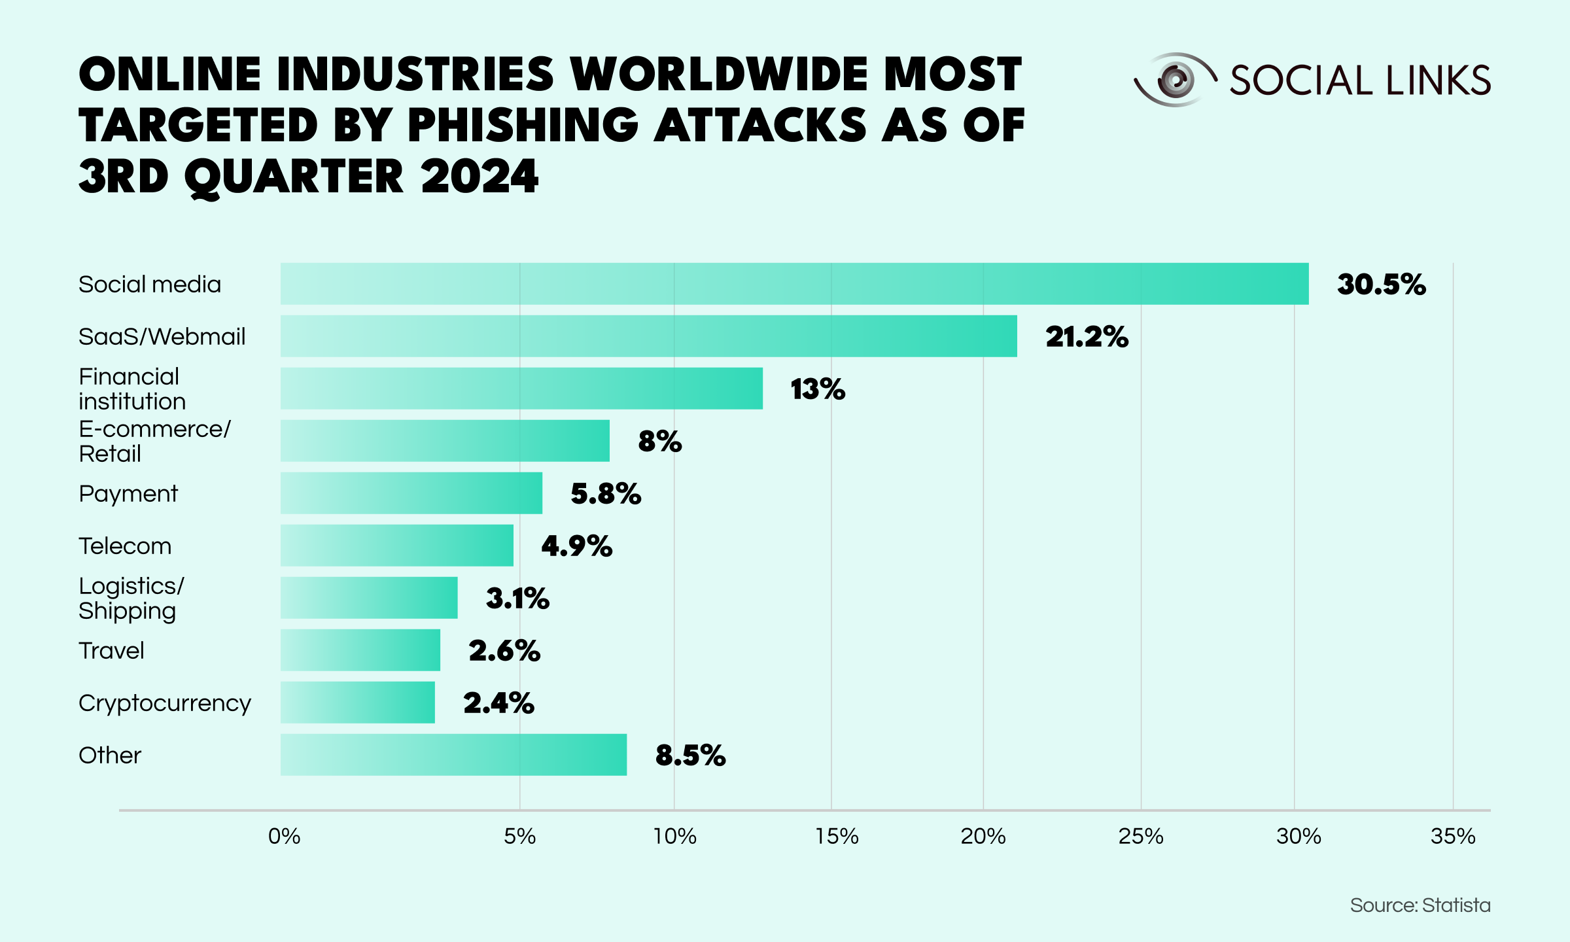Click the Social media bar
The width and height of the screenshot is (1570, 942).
click(794, 284)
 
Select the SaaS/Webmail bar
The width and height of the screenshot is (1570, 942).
click(648, 336)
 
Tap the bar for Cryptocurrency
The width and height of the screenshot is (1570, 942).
click(357, 703)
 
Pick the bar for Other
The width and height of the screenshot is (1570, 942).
click(453, 755)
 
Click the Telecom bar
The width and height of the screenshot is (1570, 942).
click(396, 546)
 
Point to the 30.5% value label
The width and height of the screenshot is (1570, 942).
click(1381, 285)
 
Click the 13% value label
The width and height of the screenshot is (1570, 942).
click(818, 389)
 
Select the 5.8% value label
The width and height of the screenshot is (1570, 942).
click(606, 494)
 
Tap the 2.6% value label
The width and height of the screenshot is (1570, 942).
click(504, 651)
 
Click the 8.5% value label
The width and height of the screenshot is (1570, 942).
click(690, 756)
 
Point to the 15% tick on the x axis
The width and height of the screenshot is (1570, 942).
click(836, 836)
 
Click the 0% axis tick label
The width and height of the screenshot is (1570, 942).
click(285, 836)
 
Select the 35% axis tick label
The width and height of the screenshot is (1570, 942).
click(1452, 836)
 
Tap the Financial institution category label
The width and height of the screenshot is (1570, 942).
click(131, 389)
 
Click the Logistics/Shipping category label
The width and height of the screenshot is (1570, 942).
click(131, 598)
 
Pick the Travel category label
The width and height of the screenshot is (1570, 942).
click(111, 651)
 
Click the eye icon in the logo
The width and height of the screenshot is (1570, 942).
click(1175, 80)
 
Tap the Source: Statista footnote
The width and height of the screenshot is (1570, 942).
click(1420, 905)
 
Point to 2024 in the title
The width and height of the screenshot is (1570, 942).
click(480, 176)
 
